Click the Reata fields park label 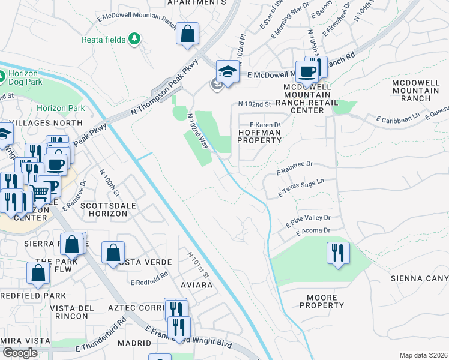pos(103,40)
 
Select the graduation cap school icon pos(228,72)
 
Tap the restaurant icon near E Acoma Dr pos(339,253)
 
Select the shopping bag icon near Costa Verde pos(113,253)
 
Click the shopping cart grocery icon pos(39,193)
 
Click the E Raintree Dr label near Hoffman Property pos(295,167)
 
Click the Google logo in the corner pos(20,353)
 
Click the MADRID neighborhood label pos(134,343)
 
